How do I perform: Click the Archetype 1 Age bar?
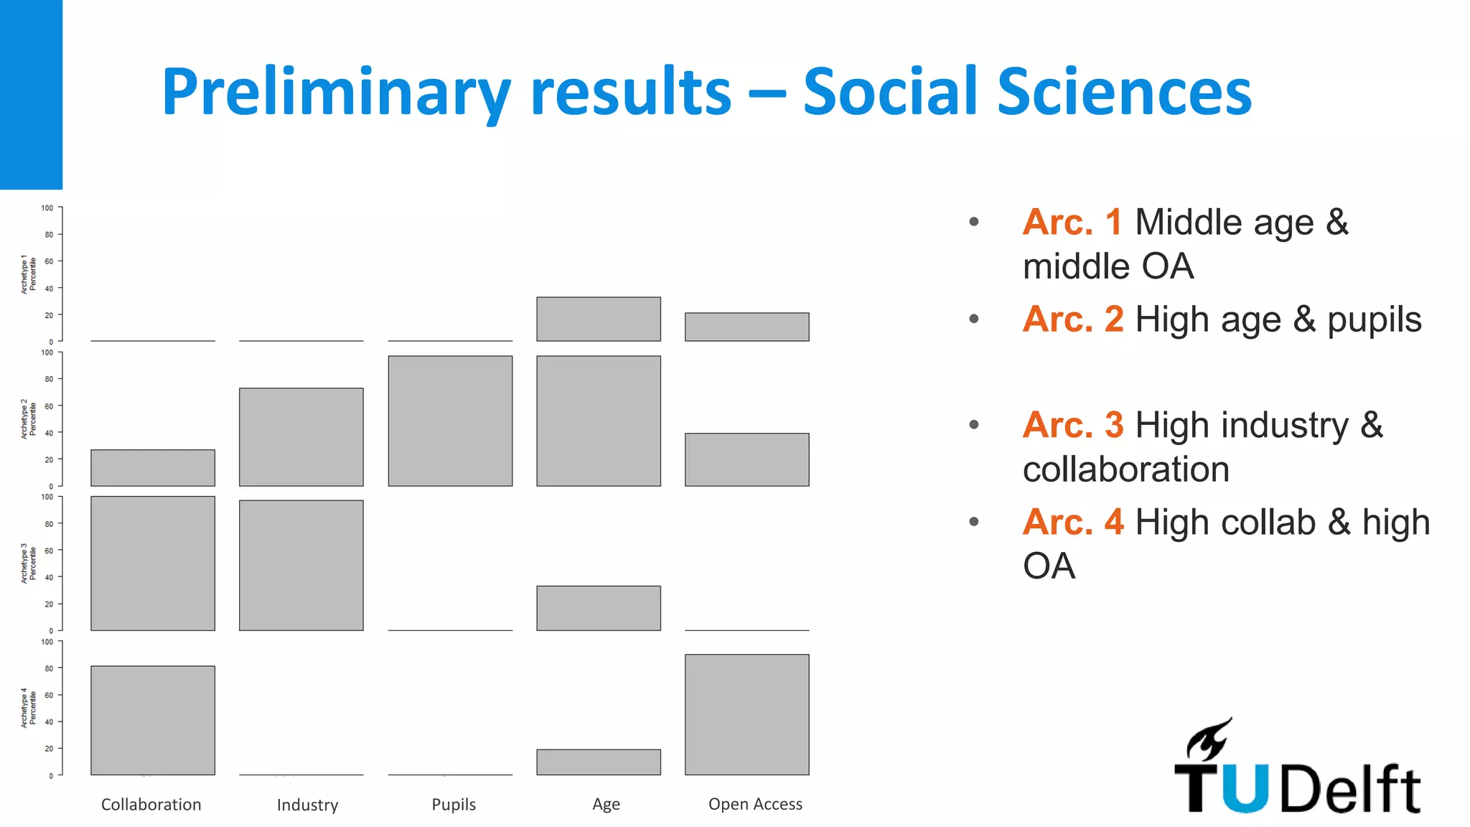pos(598,319)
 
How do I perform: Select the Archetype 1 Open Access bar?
pos(746,327)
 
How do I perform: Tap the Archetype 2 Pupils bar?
pos(450,421)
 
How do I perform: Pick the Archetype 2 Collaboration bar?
pos(152,467)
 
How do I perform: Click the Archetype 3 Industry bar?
pos(301,565)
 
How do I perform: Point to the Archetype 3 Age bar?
pos(598,608)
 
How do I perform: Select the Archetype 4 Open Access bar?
pos(746,714)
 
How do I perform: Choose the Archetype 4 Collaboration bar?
pos(152,720)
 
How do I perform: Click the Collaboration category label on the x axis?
pos(151,804)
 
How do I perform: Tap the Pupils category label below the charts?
pos(454,804)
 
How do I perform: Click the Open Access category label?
pos(755,804)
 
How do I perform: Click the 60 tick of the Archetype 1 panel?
pos(49,261)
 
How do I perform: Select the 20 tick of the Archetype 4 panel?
pos(49,749)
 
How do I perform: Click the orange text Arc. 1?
pos(1072,222)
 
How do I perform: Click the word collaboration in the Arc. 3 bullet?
pos(1125,469)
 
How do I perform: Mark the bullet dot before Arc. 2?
pos(974,319)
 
